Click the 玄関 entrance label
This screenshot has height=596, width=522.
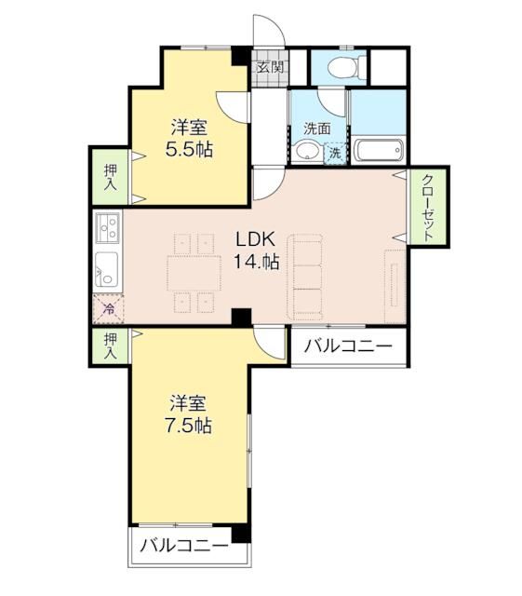pyautogui.click(x=271, y=68)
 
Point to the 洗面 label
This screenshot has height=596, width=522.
pyautogui.click(x=316, y=129)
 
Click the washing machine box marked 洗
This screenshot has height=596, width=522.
pyautogui.click(x=335, y=153)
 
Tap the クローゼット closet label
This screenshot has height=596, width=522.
pyautogui.click(x=428, y=208)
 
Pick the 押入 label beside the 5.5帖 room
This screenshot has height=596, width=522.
pyautogui.click(x=109, y=177)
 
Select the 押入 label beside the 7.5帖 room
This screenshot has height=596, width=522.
pyautogui.click(x=110, y=347)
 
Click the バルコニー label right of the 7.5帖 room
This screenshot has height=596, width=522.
pyautogui.click(x=349, y=347)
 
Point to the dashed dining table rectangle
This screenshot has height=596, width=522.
pyautogui.click(x=193, y=273)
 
